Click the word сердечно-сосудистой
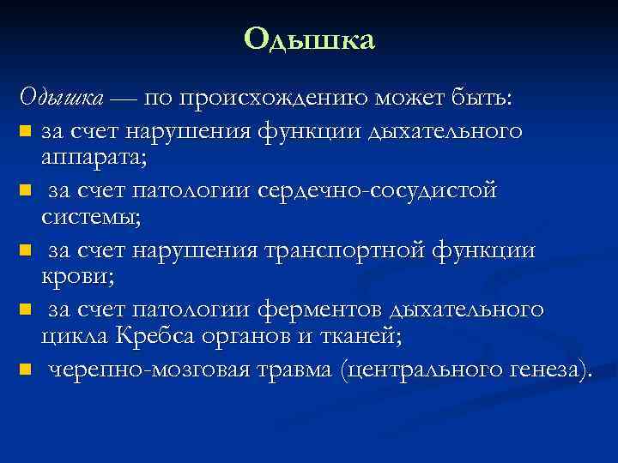click(x=377, y=189)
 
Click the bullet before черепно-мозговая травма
click(x=25, y=370)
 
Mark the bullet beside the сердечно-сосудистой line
click(x=25, y=190)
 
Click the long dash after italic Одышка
click(x=123, y=99)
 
